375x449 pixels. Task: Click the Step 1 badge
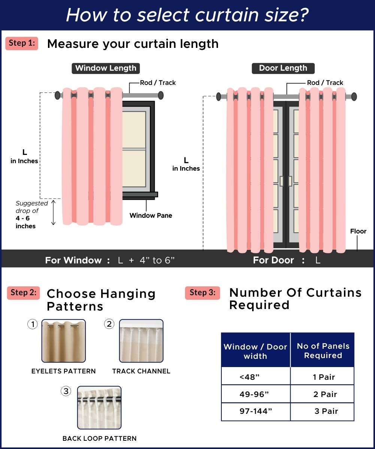[x=22, y=43]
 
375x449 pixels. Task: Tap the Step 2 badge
[x=23, y=293]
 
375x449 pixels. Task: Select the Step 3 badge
[x=202, y=293]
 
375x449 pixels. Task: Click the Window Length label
[x=106, y=68]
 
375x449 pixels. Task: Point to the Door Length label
[x=283, y=68]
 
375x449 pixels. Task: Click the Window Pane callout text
[x=151, y=215]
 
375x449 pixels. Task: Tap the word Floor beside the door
[x=358, y=231]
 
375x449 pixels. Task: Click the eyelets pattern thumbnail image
[x=63, y=341]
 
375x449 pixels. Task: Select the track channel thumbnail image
[x=141, y=341]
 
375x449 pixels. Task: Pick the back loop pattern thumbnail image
[x=99, y=407]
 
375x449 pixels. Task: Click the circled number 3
[x=66, y=391]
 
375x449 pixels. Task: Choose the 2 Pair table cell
[x=325, y=394]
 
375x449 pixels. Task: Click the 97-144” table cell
[x=256, y=411]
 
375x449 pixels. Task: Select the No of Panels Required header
[x=323, y=351]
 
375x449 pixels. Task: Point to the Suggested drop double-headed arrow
[x=53, y=212]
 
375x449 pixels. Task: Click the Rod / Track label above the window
[x=158, y=83]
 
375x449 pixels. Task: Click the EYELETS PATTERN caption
[x=63, y=371]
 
